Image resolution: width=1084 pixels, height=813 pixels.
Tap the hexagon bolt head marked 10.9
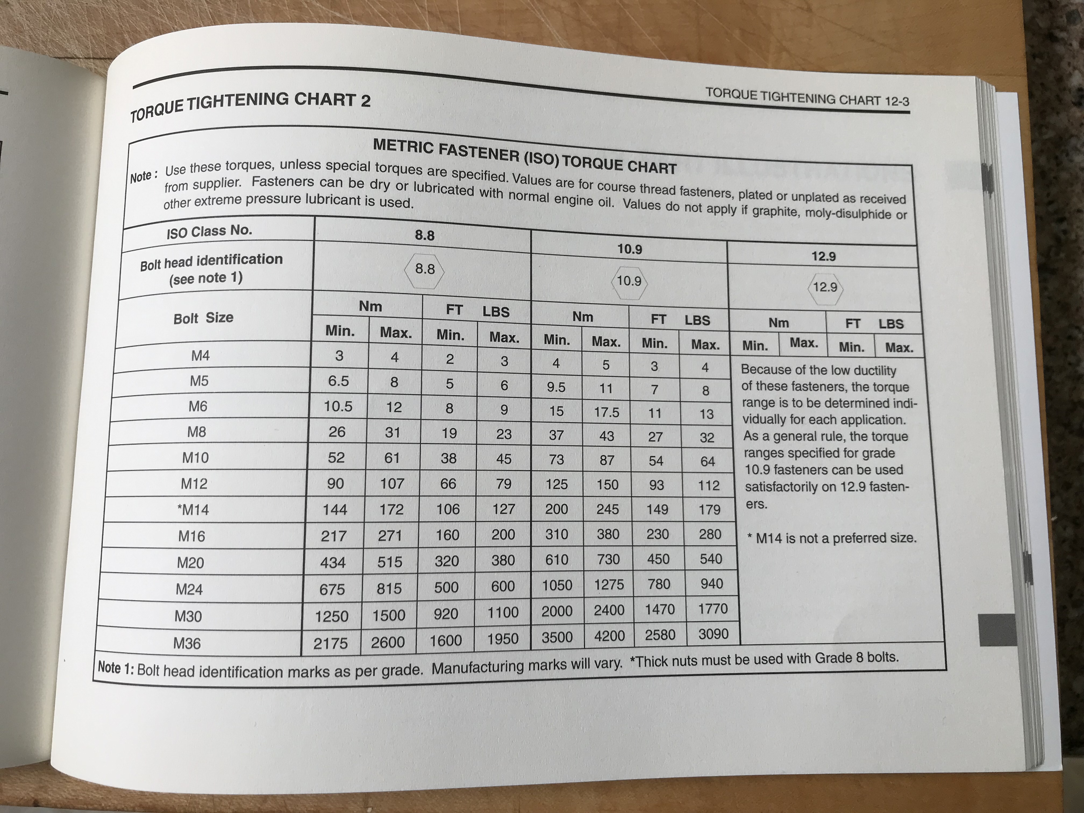pyautogui.click(x=629, y=281)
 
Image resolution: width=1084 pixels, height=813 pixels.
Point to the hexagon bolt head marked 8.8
pyautogui.click(x=425, y=269)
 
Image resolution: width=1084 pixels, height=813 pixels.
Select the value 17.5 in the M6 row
pyautogui.click(x=607, y=412)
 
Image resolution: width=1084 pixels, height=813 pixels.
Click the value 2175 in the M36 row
pyautogui.click(x=331, y=643)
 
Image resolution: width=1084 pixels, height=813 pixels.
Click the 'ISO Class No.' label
pyautogui.click(x=209, y=231)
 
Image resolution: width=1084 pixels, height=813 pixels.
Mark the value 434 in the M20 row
pyautogui.click(x=333, y=562)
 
